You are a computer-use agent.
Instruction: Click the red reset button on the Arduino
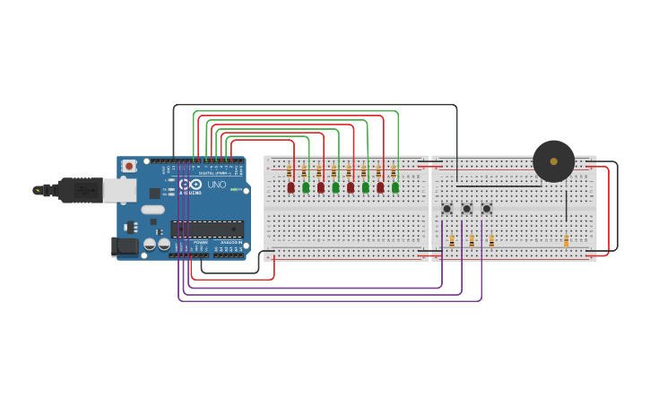click(x=129, y=166)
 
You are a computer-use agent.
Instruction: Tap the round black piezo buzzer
click(x=553, y=161)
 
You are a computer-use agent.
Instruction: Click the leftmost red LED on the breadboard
click(x=290, y=187)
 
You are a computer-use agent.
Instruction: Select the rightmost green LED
click(x=394, y=187)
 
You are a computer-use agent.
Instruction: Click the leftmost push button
click(x=446, y=209)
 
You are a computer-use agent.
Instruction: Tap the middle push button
click(x=466, y=209)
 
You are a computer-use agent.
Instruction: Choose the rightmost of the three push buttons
click(x=486, y=209)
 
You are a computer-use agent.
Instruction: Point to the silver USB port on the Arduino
click(x=118, y=189)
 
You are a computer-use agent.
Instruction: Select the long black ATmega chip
click(x=207, y=229)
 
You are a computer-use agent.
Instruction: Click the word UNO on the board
click(x=217, y=185)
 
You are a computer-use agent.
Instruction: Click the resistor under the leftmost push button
click(x=452, y=240)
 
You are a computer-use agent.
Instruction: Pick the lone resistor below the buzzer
click(x=566, y=240)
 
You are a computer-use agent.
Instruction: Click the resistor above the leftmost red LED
click(x=290, y=170)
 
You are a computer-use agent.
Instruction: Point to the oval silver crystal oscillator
click(x=153, y=210)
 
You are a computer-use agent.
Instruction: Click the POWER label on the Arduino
click(x=201, y=242)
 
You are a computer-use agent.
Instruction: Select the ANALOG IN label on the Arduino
click(x=230, y=242)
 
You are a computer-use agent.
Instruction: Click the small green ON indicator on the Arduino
click(x=245, y=189)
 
